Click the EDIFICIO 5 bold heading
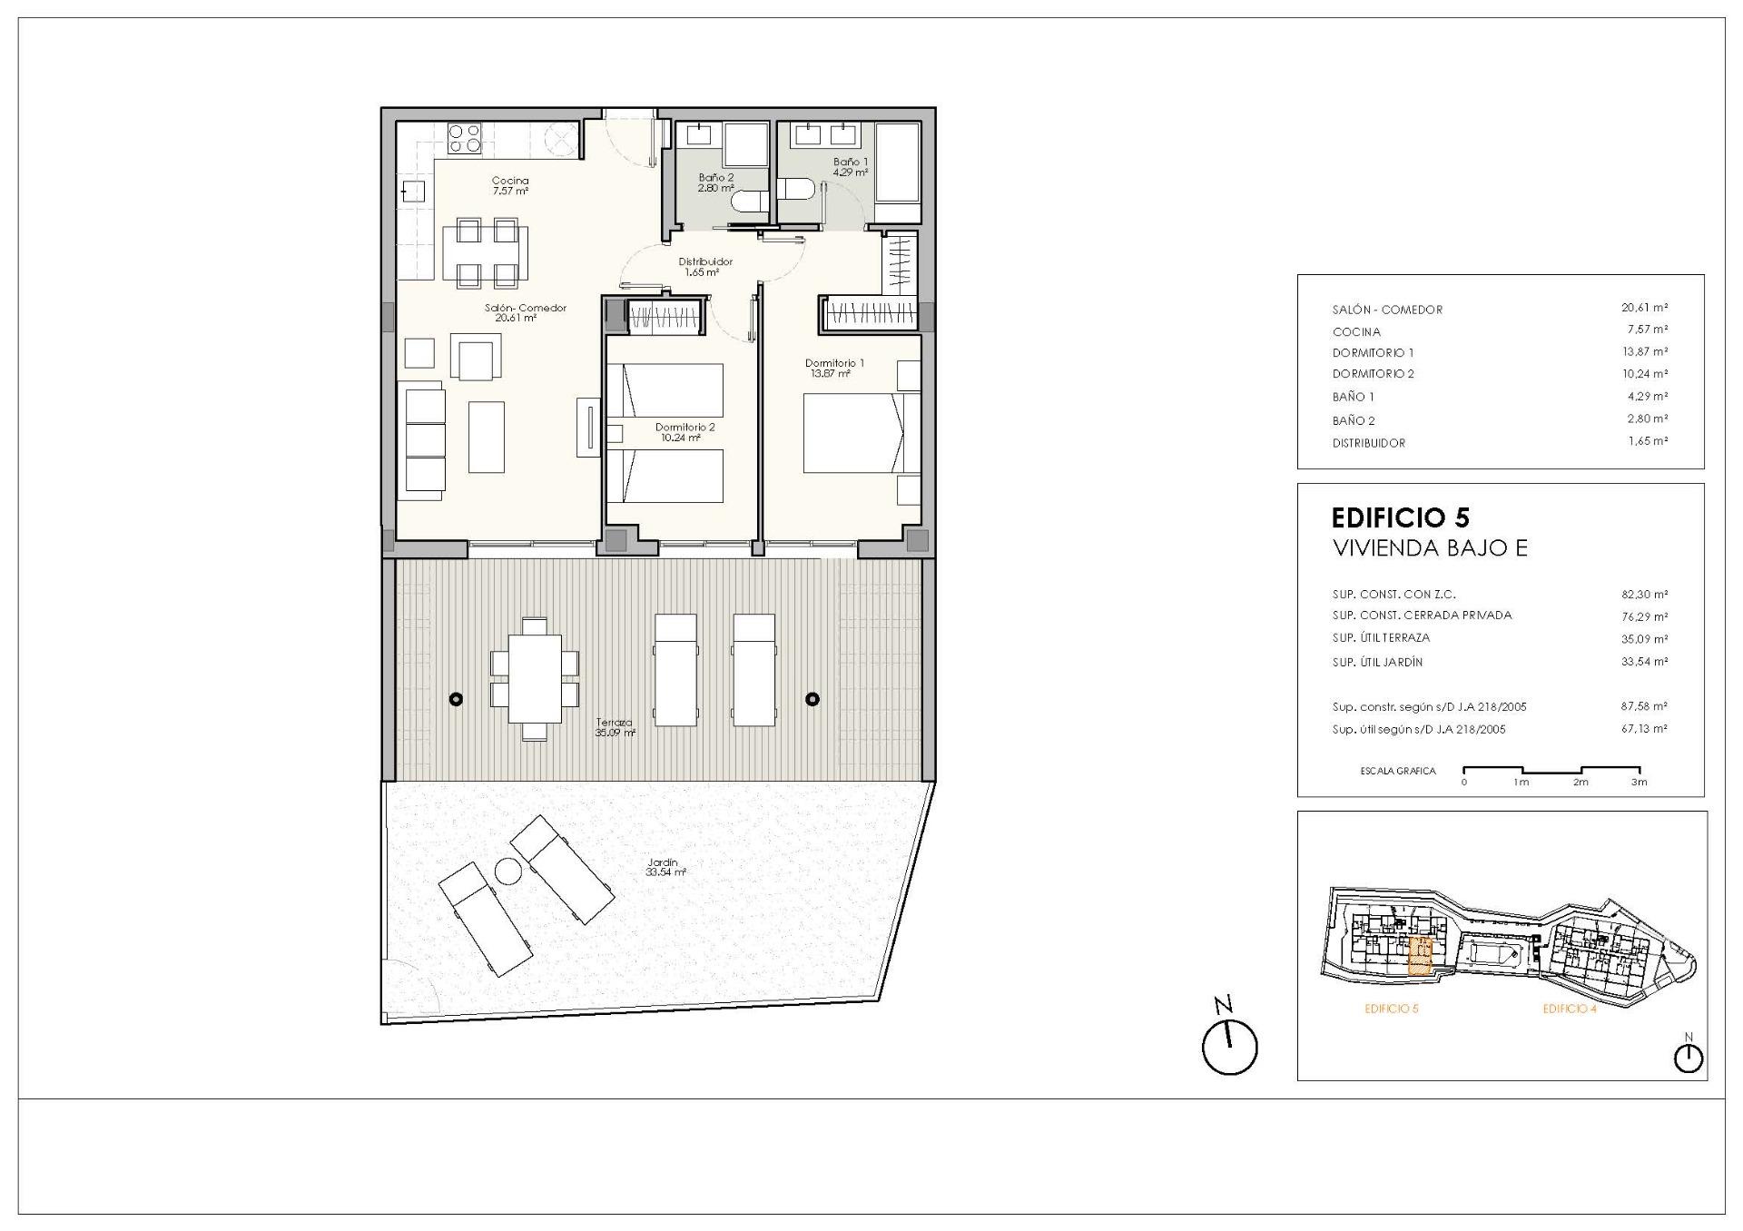pos(1400,517)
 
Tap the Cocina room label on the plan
pos(510,181)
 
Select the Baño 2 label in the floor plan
pos(715,177)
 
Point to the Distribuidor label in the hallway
pos(705,261)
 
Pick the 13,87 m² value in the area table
pos(1647,351)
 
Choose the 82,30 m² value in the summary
pos(1647,595)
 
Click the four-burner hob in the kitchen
pos(464,138)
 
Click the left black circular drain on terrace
pos(456,699)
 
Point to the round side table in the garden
pos(507,872)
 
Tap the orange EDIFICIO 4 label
pos(1570,1009)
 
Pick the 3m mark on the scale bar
pos(1639,782)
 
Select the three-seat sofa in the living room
pos(423,441)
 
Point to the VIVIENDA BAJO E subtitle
pos(1429,548)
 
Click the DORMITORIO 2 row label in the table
pos(1373,374)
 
